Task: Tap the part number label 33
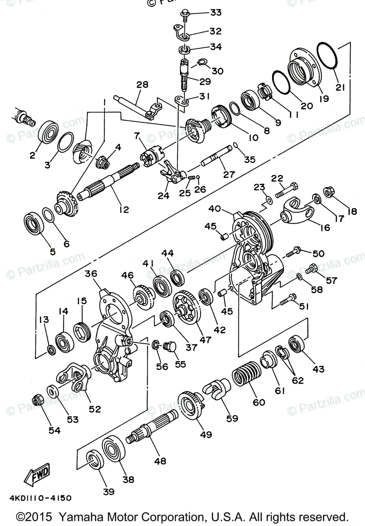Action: [215, 12]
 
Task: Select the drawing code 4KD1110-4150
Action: [39, 498]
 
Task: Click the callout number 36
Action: [91, 274]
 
